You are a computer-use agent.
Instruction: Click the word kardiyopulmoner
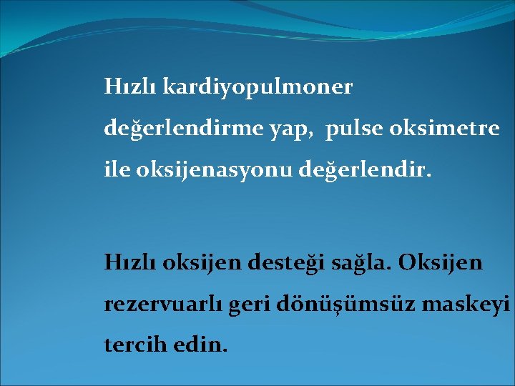258,88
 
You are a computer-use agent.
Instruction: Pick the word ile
117,172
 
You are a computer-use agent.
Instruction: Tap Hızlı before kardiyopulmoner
131,88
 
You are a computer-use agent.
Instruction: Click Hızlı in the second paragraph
131,263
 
